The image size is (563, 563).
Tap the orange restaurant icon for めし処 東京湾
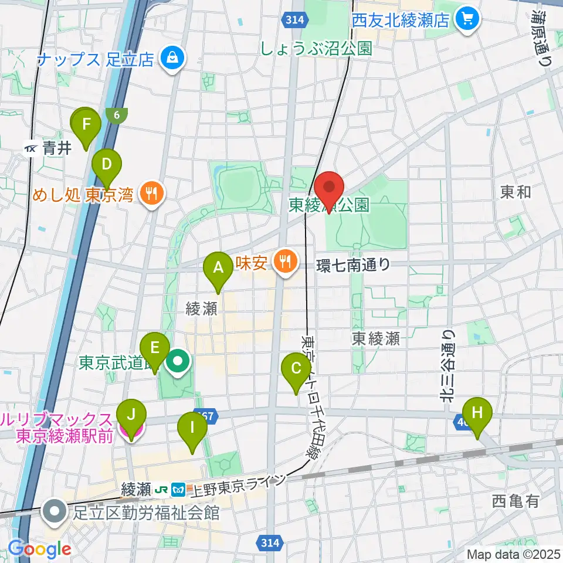coord(152,194)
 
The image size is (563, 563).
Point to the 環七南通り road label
coord(353,264)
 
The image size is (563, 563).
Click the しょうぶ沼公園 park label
coord(316,49)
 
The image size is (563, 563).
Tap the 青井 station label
coord(56,149)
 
